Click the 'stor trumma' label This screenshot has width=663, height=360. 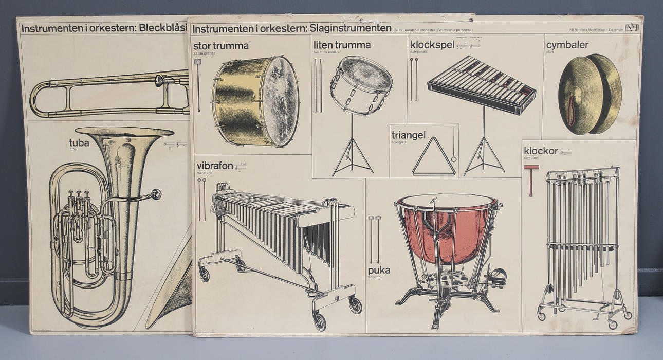221,46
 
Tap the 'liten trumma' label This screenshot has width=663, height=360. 342,45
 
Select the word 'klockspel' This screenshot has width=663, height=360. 432,45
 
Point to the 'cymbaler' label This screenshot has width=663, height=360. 567,45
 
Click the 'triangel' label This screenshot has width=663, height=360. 409,135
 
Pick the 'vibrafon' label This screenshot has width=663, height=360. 215,166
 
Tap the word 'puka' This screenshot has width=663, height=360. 379,270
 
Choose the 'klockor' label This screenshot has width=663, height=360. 541,151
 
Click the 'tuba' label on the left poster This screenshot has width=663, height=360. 79,142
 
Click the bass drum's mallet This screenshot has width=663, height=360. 198,85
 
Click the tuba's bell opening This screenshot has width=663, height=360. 124,132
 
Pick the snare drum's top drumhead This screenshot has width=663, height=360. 365,73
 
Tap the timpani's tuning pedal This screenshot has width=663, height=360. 496,278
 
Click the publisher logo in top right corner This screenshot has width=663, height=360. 631,28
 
